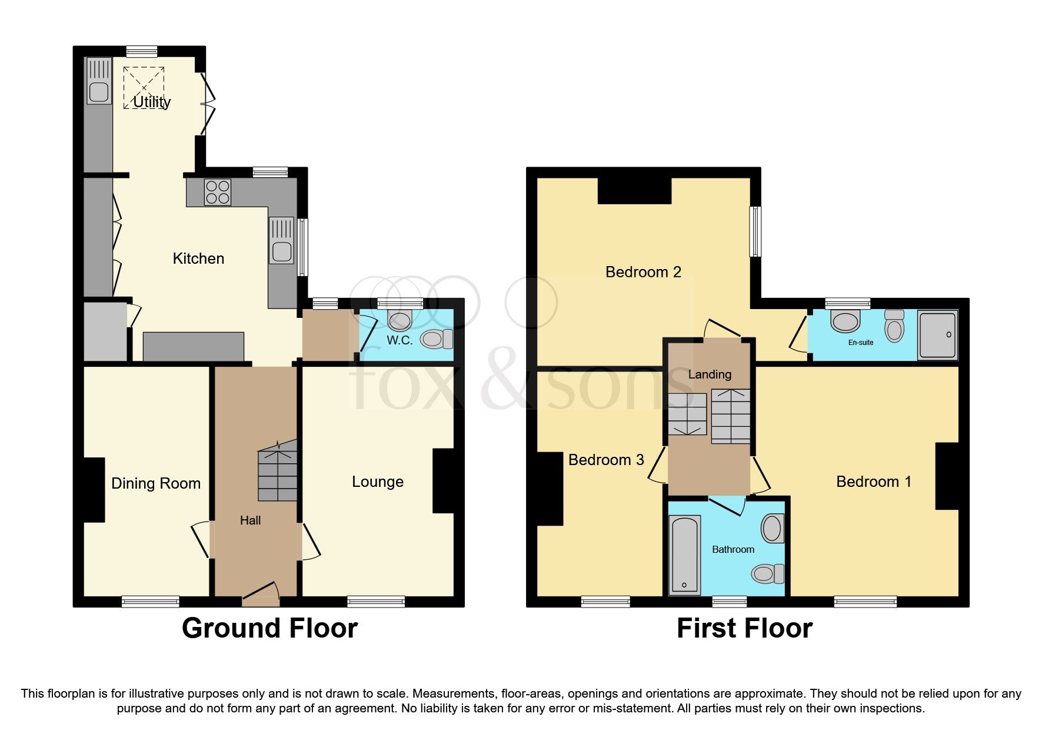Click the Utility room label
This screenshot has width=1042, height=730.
[x=152, y=102]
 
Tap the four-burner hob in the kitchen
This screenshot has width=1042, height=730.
[x=217, y=192]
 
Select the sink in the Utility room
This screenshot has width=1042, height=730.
[x=98, y=92]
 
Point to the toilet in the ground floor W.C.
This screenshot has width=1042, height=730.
[x=436, y=339]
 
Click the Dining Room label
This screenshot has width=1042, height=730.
[x=156, y=483]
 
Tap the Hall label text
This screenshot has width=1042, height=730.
[x=250, y=520]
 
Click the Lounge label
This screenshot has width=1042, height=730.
[x=377, y=482]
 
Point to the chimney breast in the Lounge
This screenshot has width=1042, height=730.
[x=444, y=481]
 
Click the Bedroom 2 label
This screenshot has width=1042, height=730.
[x=642, y=272]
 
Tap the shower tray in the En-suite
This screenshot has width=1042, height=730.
[x=938, y=335]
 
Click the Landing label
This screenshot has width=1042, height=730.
[x=710, y=374]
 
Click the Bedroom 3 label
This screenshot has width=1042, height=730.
[x=606, y=460]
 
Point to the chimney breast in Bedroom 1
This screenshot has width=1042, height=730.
[x=947, y=476]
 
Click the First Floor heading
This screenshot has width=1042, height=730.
[x=744, y=628]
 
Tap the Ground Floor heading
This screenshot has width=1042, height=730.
[x=269, y=628]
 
